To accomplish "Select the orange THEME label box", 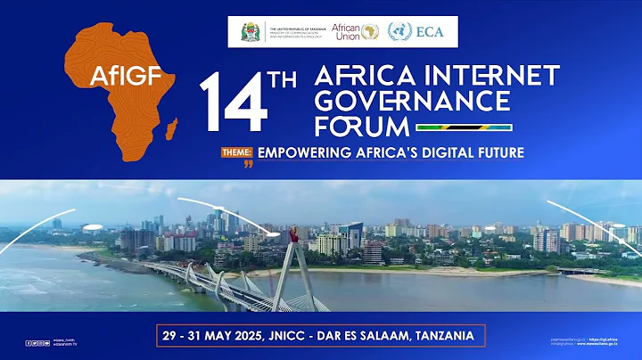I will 238,152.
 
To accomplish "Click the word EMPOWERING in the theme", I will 308,152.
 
